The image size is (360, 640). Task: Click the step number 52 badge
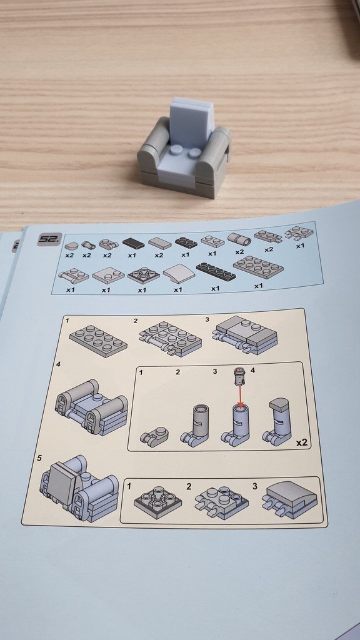[50, 239]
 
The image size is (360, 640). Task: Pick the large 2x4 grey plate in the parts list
[259, 267]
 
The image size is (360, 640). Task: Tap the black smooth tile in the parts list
[134, 244]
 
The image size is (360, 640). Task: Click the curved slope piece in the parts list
[179, 274]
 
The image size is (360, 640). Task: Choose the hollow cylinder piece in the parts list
[239, 239]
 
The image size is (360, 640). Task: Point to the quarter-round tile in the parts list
[72, 246]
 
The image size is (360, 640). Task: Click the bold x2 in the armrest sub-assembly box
[301, 442]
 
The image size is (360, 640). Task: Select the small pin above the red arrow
[239, 376]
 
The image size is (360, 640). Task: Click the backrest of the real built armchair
[192, 121]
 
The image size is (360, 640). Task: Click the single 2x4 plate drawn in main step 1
[98, 341]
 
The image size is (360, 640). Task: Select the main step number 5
[39, 458]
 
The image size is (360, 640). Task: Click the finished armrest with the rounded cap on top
[280, 422]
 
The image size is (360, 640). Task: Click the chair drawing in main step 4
[91, 409]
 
